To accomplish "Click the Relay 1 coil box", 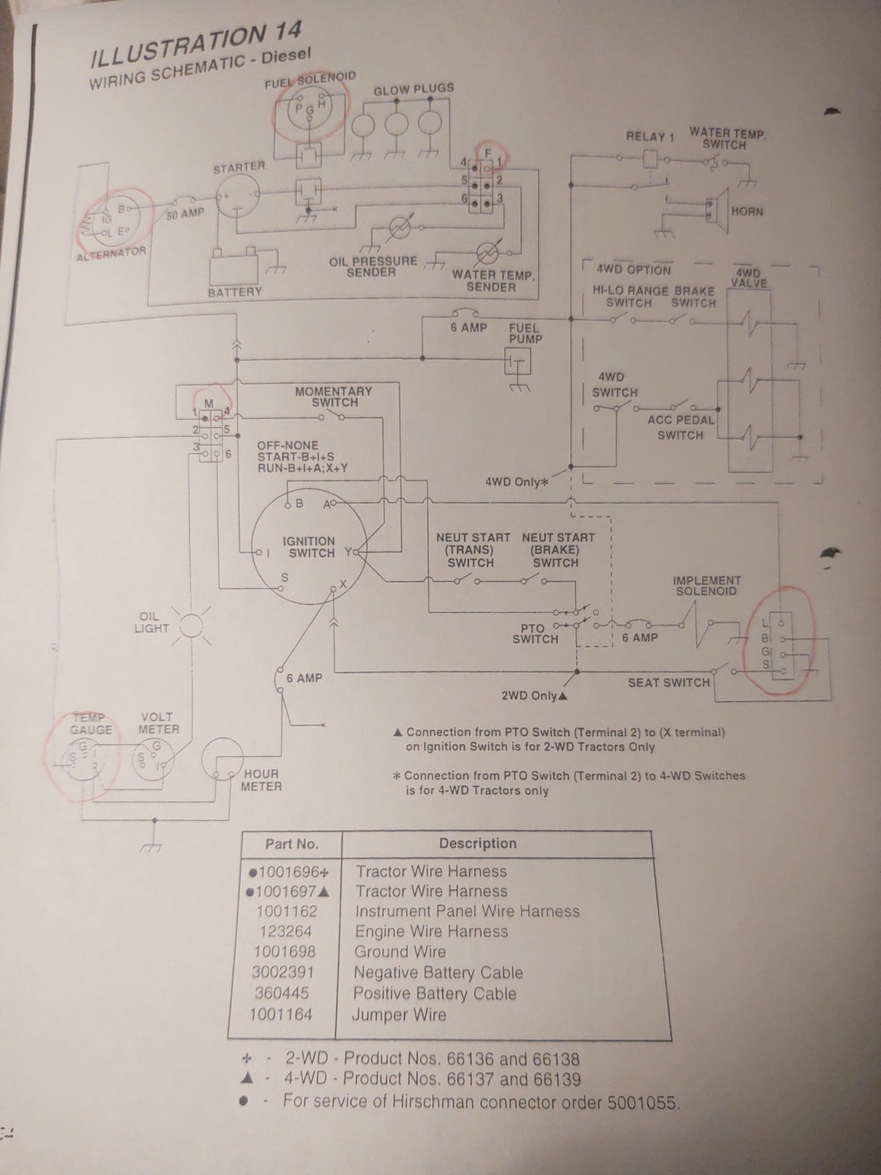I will coord(650,158).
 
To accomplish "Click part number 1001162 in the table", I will coord(286,912).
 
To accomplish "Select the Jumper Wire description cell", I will coord(399,1014).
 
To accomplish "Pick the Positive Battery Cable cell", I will coord(435,993).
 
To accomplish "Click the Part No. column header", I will coord(291,844).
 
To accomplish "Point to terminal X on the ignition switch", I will coord(333,589).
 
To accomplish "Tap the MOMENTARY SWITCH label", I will coord(334,397).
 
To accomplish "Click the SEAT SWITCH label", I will coord(669,682).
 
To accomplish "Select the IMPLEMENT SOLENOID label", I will coord(706,586).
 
